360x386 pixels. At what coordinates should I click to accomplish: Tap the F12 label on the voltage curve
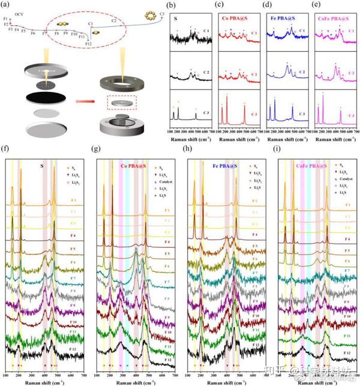click(x=88, y=44)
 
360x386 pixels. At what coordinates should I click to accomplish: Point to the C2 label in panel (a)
click(x=113, y=21)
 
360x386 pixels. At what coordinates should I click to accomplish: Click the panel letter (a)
click(x=6, y=5)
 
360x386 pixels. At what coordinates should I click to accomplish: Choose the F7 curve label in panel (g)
click(x=169, y=279)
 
